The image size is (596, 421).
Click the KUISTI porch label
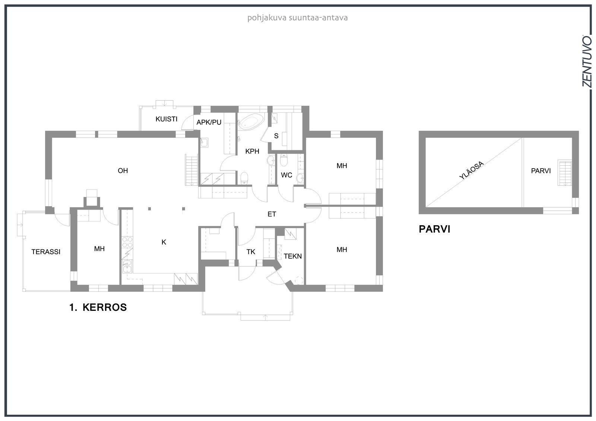tap(166, 119)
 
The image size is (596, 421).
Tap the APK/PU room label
tap(209, 122)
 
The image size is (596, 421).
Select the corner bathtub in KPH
tap(251, 122)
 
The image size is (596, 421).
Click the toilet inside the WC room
tap(284, 160)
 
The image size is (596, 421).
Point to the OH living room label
tap(123, 170)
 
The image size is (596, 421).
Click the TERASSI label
tap(46, 252)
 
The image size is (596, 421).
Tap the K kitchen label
tap(164, 242)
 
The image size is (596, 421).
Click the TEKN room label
tap(293, 256)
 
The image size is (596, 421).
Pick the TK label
tap(251, 252)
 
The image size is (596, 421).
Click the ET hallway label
tap(272, 214)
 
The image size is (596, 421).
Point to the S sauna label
tap(276, 136)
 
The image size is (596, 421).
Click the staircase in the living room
tap(191, 170)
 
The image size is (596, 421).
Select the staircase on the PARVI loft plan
tap(565, 173)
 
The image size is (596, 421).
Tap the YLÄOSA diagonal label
tap(472, 170)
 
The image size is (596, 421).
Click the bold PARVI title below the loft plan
tap(434, 229)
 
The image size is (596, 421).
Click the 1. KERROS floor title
tap(98, 307)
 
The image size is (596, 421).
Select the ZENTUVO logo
tap(587, 65)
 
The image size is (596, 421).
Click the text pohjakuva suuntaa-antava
tap(298, 18)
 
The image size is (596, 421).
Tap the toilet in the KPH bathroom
tap(244, 178)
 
